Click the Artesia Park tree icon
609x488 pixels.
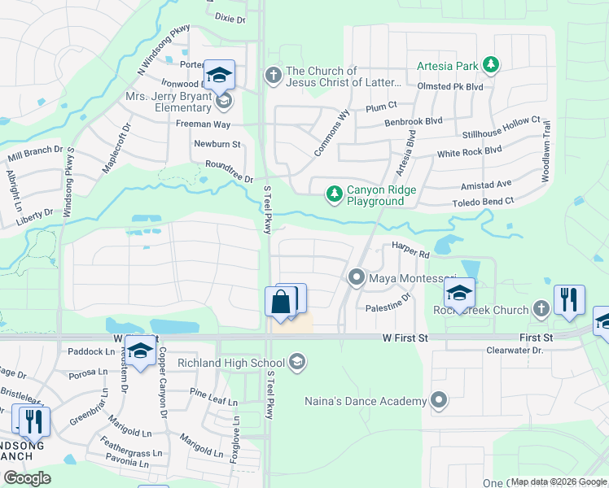click(489, 63)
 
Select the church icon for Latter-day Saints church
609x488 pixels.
click(273, 76)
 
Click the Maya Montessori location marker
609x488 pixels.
click(356, 278)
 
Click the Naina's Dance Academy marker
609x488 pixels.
click(440, 400)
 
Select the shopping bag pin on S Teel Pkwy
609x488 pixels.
click(280, 303)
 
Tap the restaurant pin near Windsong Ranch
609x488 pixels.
click(33, 421)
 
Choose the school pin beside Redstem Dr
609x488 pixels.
click(141, 351)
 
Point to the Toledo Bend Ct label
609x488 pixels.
click(484, 201)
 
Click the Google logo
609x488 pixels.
click(28, 478)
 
